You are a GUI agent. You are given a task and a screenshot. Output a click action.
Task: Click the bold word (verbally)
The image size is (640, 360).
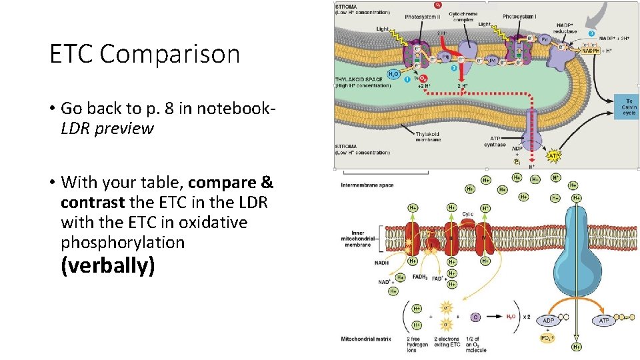click(108, 266)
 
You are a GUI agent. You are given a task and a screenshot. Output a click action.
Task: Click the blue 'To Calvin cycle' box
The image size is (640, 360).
click(629, 107)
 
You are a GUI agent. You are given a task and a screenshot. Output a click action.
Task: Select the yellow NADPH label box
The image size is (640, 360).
click(590, 51)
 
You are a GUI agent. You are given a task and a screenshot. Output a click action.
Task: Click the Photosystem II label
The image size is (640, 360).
click(422, 16)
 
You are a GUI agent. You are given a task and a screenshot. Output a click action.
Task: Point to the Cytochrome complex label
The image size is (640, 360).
click(463, 16)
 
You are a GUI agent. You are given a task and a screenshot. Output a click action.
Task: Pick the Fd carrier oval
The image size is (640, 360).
click(544, 39)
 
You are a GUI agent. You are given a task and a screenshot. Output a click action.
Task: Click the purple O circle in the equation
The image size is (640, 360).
click(475, 317)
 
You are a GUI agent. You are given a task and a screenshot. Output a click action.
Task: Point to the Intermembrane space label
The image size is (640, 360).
click(367, 185)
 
